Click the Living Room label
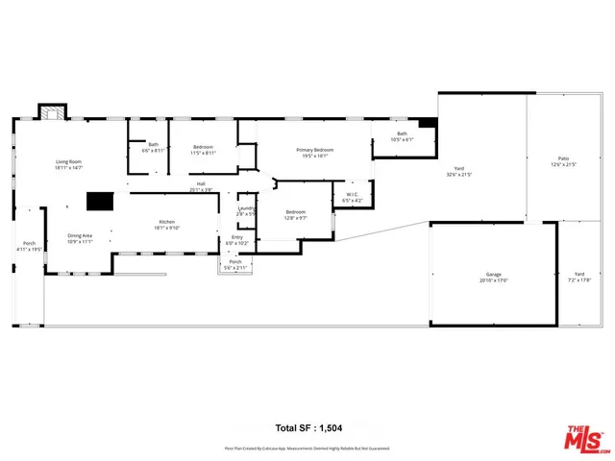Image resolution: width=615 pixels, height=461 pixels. pyautogui.click(x=68, y=162)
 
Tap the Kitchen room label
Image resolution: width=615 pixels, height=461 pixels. pyautogui.click(x=167, y=222)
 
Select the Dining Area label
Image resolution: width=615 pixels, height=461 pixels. pyautogui.click(x=80, y=234)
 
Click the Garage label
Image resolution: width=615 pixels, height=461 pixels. pyautogui.click(x=494, y=276)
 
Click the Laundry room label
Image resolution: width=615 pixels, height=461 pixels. pyautogui.click(x=246, y=208)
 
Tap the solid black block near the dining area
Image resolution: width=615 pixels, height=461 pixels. pyautogui.click(x=99, y=201)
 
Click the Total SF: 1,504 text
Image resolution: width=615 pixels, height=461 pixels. pyautogui.click(x=307, y=427)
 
